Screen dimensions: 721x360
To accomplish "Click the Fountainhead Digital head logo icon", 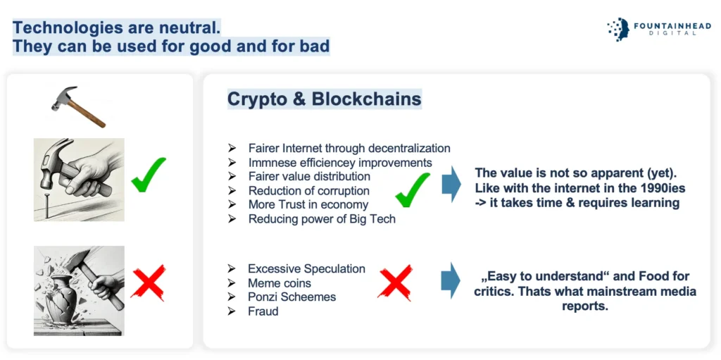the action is pyautogui.click(x=617, y=30).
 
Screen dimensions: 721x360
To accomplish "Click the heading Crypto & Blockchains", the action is pyautogui.click(x=324, y=99).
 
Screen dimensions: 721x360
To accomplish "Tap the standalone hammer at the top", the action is pyautogui.click(x=78, y=106).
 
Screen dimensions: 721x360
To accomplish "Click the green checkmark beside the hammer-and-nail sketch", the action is pyautogui.click(x=148, y=175).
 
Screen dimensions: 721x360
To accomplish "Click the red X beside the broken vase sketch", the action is pyautogui.click(x=148, y=282).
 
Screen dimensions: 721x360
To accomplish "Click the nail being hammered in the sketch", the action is pyautogui.click(x=46, y=204).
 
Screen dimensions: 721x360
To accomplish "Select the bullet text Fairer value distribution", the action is pyautogui.click(x=309, y=176).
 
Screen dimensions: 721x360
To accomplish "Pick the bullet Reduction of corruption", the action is pyautogui.click(x=308, y=191).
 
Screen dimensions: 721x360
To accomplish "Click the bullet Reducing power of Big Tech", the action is pyautogui.click(x=322, y=218).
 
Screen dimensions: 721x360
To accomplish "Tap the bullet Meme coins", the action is pyautogui.click(x=279, y=283).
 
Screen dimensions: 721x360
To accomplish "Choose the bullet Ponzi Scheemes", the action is pyautogui.click(x=292, y=297).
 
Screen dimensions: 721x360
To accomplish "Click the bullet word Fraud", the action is pyautogui.click(x=263, y=311).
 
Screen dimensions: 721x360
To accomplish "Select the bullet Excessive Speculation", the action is pyautogui.click(x=307, y=269).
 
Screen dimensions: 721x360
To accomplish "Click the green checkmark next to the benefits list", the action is pyautogui.click(x=413, y=190).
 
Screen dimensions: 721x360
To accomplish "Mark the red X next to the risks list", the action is pyautogui.click(x=395, y=283).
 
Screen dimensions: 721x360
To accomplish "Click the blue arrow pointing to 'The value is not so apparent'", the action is pyautogui.click(x=451, y=184).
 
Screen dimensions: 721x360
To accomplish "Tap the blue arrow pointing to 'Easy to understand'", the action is pyautogui.click(x=451, y=280).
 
